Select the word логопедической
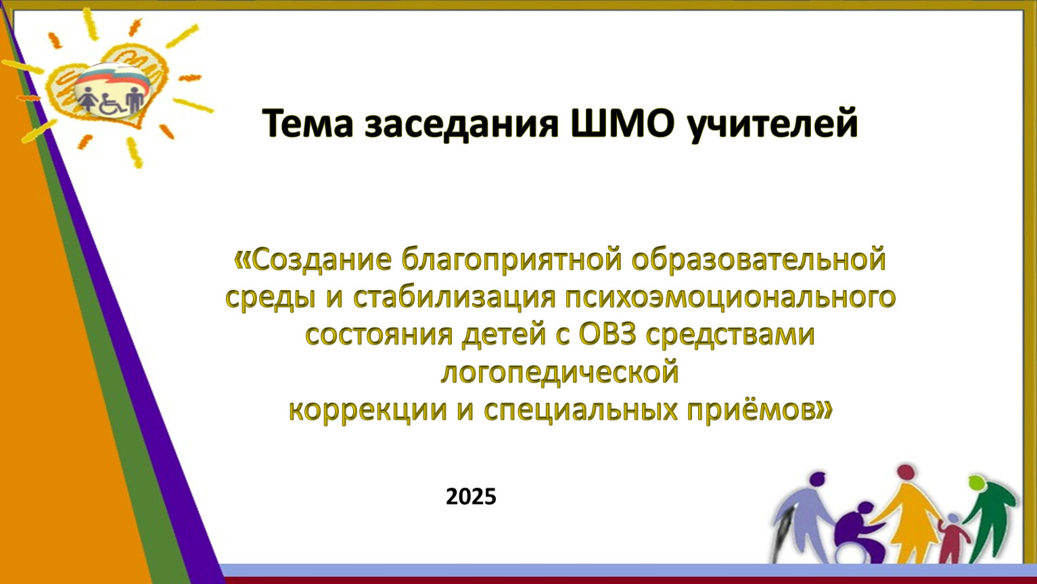tap(559, 372)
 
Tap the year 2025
tap(471, 497)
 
